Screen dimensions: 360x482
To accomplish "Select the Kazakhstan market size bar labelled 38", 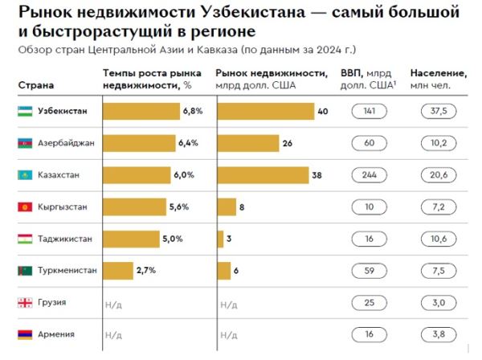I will pyautogui.click(x=263, y=174).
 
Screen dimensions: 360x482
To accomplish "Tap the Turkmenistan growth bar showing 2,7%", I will pyautogui.click(x=118, y=270).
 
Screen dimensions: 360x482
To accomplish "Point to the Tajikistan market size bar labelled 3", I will pyautogui.click(x=219, y=239).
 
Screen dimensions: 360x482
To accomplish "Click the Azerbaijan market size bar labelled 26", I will pyautogui.click(x=247, y=143).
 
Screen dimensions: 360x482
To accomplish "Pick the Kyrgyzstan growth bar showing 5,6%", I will pyautogui.click(x=136, y=207).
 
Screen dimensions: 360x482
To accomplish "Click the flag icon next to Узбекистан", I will pyautogui.click(x=24, y=111).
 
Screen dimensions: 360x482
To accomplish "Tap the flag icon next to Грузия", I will pyautogui.click(x=24, y=302).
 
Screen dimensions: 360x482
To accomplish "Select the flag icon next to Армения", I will pyautogui.click(x=24, y=333).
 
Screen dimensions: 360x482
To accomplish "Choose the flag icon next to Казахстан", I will pyautogui.click(x=24, y=174).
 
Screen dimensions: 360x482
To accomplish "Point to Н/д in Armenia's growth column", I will pyautogui.click(x=113, y=334).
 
